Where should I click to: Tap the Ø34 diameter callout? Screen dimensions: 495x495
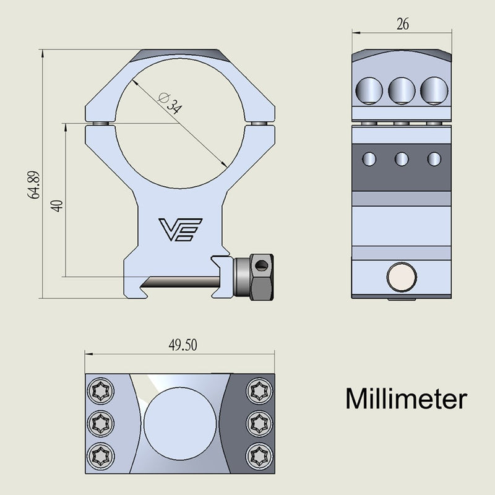[170, 101]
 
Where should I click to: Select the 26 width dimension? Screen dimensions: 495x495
[402, 24]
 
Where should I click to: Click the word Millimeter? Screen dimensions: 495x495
[405, 399]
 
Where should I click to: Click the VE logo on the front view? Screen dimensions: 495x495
[178, 230]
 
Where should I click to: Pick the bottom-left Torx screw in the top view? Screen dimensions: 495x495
[100, 457]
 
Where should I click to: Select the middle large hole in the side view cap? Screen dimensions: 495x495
[402, 90]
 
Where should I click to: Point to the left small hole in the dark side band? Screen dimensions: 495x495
[369, 158]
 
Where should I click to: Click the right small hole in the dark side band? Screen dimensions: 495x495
[434, 158]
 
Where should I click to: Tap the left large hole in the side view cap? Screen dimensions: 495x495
[369, 90]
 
